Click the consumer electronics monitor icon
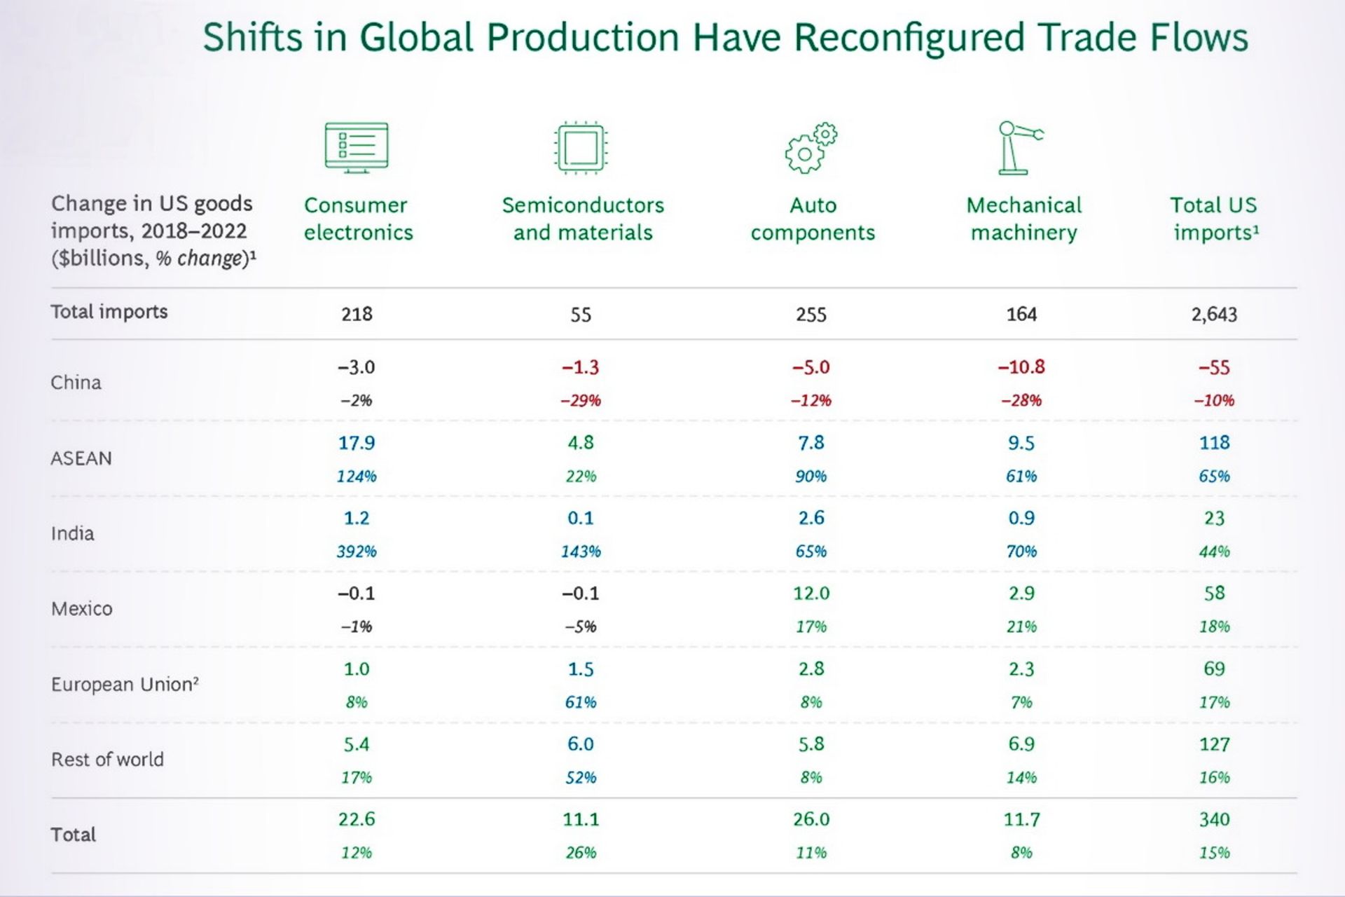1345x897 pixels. (357, 147)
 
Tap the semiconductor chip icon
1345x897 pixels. (581, 147)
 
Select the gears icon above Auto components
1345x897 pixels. (811, 147)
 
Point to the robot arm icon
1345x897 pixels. (1020, 147)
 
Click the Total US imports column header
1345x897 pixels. (1214, 219)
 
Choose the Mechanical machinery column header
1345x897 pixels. (1023, 219)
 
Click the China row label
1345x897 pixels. (76, 383)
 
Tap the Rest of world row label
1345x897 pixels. (107, 760)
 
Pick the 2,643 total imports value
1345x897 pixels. (1214, 314)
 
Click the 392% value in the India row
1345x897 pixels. (357, 552)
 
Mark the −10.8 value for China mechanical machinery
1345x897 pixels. (1021, 367)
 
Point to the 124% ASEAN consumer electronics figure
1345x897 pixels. (357, 477)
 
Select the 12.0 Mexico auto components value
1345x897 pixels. (811, 594)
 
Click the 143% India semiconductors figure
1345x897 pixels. (581, 552)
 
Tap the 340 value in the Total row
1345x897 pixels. (1214, 819)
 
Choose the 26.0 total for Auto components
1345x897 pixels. (811, 819)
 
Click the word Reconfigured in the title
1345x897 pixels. (909, 38)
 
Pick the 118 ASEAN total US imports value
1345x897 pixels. (1214, 443)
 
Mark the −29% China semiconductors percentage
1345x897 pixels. (581, 401)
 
